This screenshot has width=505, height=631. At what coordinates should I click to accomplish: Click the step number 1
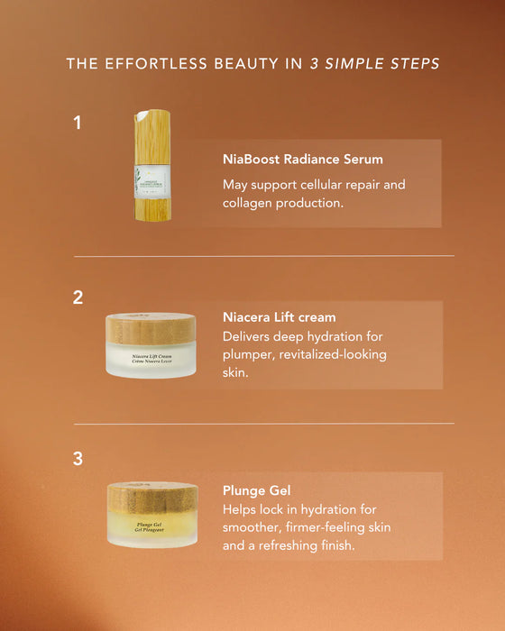(78, 123)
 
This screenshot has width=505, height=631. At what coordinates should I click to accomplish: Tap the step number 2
(78, 297)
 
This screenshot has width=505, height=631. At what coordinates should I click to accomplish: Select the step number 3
(78, 459)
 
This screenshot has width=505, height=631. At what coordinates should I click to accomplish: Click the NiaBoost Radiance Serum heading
(302, 159)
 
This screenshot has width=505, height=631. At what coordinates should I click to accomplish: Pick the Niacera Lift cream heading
(279, 317)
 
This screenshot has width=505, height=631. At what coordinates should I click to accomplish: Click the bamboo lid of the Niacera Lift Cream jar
(151, 329)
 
